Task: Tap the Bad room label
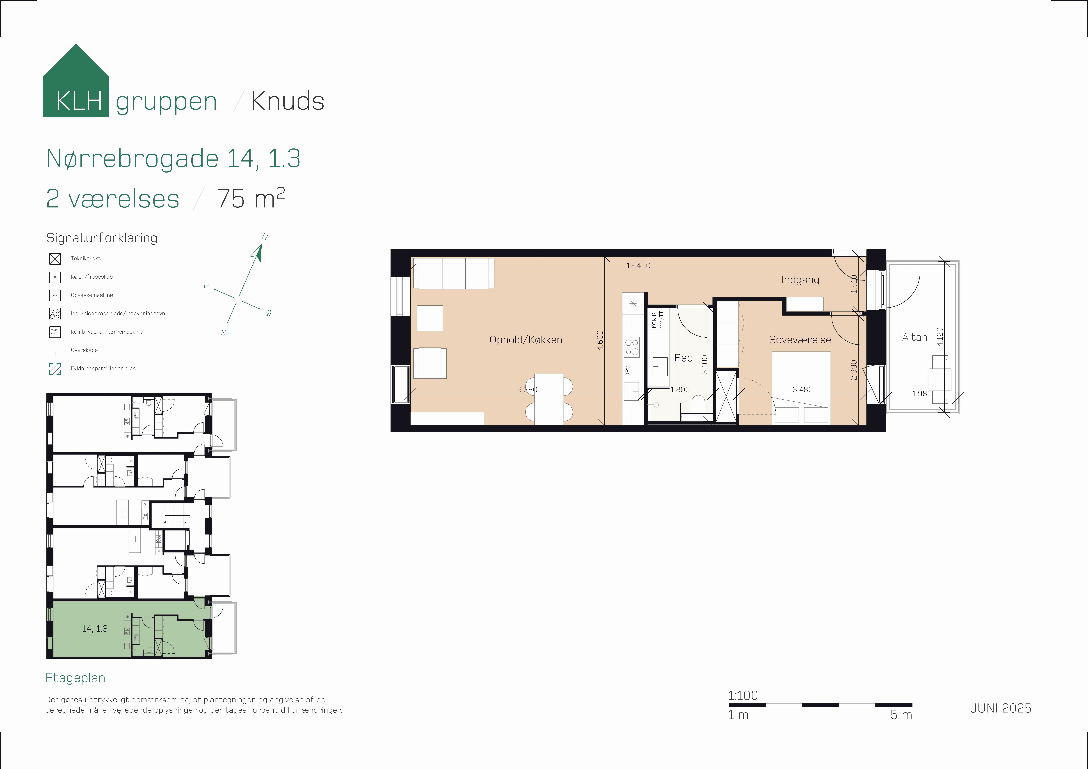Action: (683, 358)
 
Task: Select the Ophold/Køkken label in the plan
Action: (526, 340)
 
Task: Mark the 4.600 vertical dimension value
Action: (600, 340)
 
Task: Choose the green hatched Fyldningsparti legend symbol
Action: (55, 369)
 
